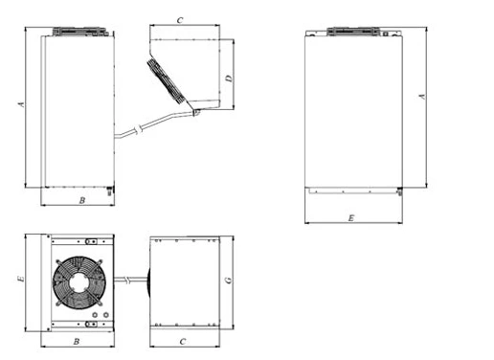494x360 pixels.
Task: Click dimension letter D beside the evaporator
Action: (x=230, y=79)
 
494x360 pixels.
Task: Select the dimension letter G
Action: (x=229, y=281)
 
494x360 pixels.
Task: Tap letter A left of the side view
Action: (x=21, y=104)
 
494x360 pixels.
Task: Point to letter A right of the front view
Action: (x=422, y=96)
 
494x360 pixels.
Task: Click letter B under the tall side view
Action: (x=82, y=200)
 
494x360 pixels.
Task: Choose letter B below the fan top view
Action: (x=77, y=342)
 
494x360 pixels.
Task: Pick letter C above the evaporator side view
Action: (x=180, y=20)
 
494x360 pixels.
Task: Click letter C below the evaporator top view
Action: (x=183, y=342)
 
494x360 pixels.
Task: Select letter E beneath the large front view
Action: (x=351, y=218)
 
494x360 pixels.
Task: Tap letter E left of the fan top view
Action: (x=20, y=279)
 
